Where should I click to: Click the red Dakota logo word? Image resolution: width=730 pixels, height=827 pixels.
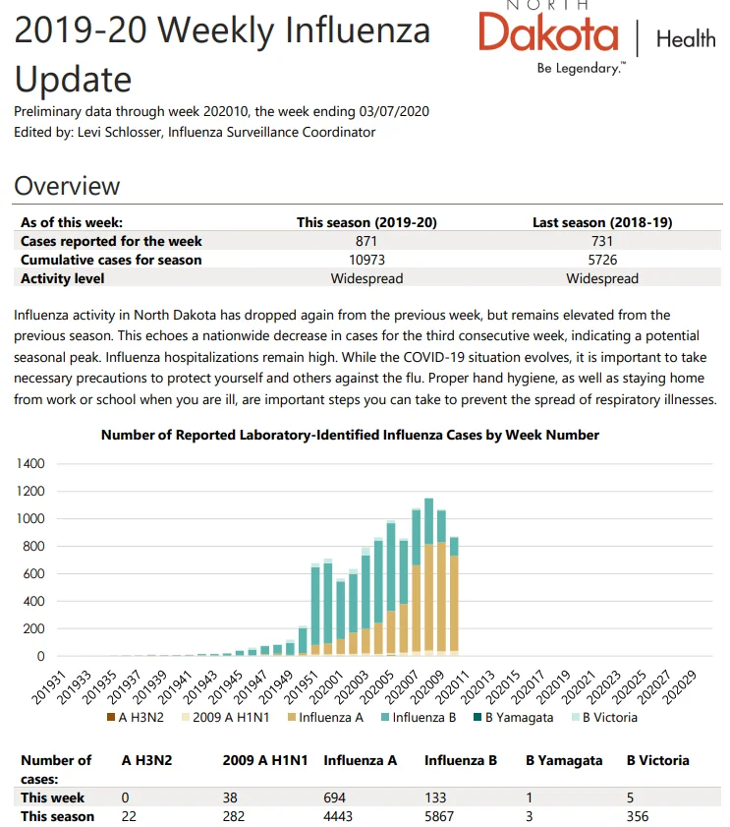click(x=548, y=32)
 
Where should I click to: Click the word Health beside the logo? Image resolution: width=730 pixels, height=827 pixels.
click(x=686, y=39)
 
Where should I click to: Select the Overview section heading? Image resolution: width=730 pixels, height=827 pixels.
click(x=67, y=186)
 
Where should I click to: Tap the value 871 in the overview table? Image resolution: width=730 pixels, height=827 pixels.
click(x=366, y=241)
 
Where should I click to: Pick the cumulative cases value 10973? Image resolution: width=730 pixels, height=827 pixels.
click(x=366, y=260)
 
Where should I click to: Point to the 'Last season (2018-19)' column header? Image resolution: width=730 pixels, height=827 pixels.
click(x=602, y=222)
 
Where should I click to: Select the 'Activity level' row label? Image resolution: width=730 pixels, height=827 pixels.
click(x=62, y=278)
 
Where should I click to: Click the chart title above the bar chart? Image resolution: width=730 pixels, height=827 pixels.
click(x=350, y=435)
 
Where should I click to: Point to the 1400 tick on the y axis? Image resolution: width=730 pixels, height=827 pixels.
click(x=30, y=463)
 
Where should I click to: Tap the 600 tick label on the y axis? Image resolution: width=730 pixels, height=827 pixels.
click(x=33, y=574)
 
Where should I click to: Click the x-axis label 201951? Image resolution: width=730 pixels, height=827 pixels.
click(x=301, y=687)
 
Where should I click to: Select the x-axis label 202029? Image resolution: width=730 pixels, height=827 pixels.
click(x=679, y=687)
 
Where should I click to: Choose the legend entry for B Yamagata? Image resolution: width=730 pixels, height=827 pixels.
click(x=514, y=717)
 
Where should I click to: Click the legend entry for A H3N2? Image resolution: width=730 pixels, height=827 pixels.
click(x=136, y=717)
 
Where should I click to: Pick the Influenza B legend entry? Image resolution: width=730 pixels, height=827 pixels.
click(x=419, y=717)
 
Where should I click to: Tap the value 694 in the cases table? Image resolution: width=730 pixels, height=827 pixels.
click(x=335, y=797)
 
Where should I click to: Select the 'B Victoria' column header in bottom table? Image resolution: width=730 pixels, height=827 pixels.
click(x=658, y=760)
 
